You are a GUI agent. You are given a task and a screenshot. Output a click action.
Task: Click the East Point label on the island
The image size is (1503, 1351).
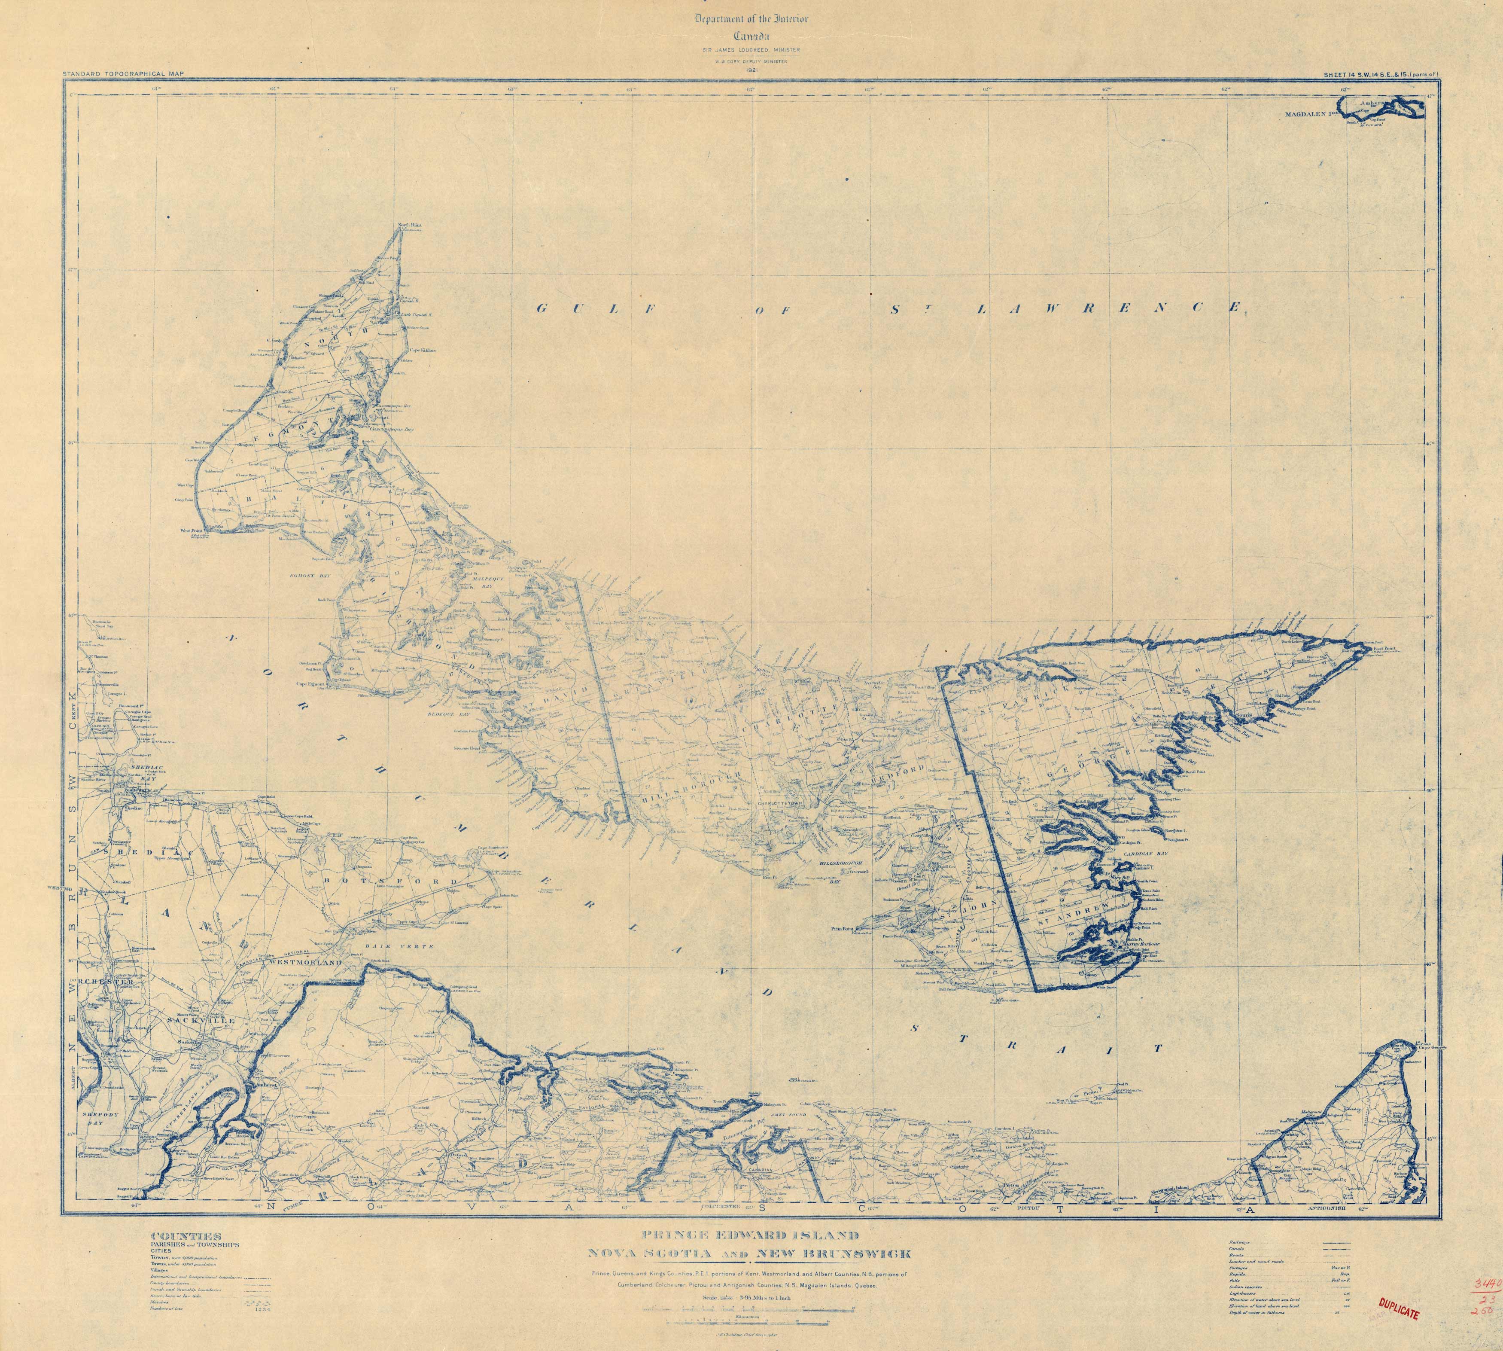[1385, 648]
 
